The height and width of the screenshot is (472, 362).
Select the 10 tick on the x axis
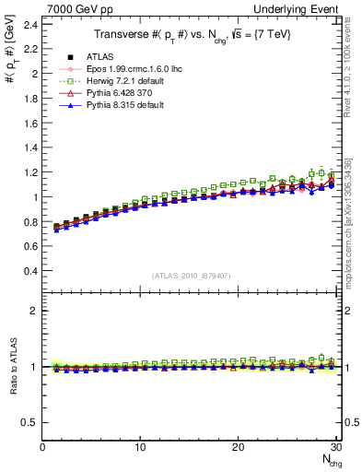(x=140, y=447)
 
